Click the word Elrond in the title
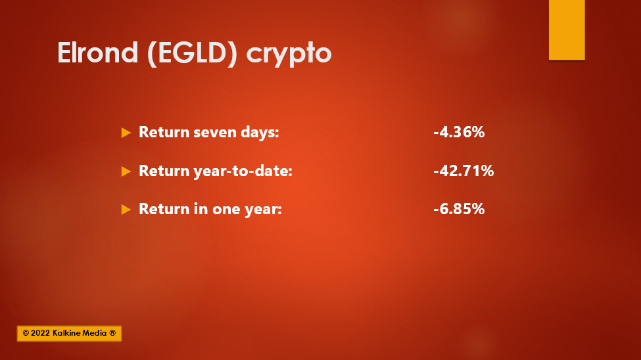(98, 53)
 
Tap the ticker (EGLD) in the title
(192, 53)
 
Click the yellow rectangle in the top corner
(567, 30)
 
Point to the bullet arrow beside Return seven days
(126, 133)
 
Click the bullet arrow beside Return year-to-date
(126, 171)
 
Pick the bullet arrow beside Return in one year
(126, 209)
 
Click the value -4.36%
(459, 132)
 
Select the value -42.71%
(463, 170)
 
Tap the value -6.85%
(459, 209)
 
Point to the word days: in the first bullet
(260, 133)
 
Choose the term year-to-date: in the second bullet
(243, 171)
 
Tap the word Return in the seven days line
(164, 132)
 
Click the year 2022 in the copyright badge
(40, 333)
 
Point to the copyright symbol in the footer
(26, 333)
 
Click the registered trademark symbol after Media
(112, 333)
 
